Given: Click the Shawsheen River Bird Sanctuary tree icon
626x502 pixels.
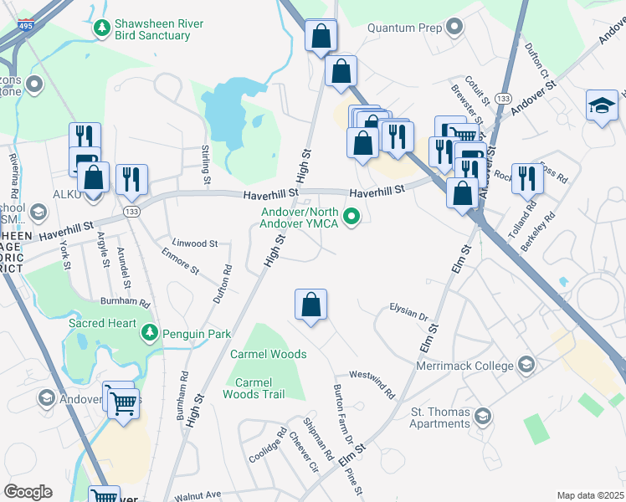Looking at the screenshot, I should click(x=102, y=28).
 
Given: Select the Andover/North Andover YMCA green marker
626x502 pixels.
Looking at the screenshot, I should click(x=353, y=218).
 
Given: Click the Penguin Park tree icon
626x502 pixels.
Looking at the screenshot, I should click(x=150, y=333).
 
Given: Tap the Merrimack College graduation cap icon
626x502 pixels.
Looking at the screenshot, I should click(x=526, y=364).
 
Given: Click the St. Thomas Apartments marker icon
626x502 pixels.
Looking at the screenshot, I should click(x=482, y=416).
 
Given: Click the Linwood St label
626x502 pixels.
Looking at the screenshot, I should click(x=194, y=243).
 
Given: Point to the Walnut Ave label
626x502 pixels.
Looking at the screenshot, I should click(x=197, y=494).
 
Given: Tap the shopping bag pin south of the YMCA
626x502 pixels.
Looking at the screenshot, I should click(x=310, y=305).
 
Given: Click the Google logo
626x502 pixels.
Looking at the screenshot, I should click(x=28, y=492).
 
